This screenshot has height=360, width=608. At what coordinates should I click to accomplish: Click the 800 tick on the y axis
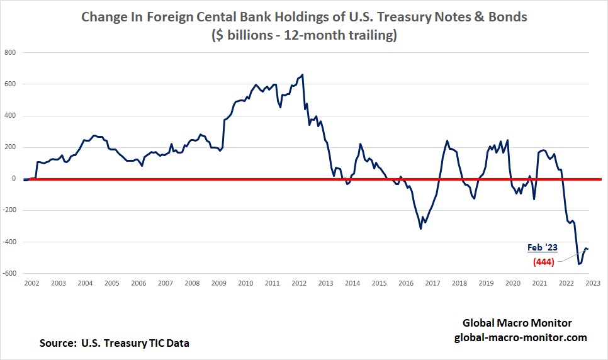coord(10,52)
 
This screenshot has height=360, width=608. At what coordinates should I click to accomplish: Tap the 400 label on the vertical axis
coord(10,116)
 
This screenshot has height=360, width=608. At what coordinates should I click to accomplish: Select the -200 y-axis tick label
coord(8,210)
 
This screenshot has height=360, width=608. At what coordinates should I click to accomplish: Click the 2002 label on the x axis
coord(31,283)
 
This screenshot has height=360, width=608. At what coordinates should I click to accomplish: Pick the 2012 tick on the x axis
coord(298,283)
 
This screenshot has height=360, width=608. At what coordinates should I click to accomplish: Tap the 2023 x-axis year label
coord(592,283)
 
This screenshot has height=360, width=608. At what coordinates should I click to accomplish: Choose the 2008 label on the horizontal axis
coord(192,283)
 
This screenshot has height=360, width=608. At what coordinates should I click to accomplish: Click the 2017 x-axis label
coord(432,283)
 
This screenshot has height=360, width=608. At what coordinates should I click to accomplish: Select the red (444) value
coord(543,262)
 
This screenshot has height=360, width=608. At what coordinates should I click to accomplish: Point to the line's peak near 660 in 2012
coord(303,75)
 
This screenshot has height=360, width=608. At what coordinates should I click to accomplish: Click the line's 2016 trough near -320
coord(420,228)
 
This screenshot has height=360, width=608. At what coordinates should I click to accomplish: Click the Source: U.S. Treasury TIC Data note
coord(114,343)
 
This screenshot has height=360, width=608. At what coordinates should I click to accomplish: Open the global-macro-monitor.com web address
coord(521,337)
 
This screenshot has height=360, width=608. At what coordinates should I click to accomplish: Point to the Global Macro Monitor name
coord(517,323)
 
